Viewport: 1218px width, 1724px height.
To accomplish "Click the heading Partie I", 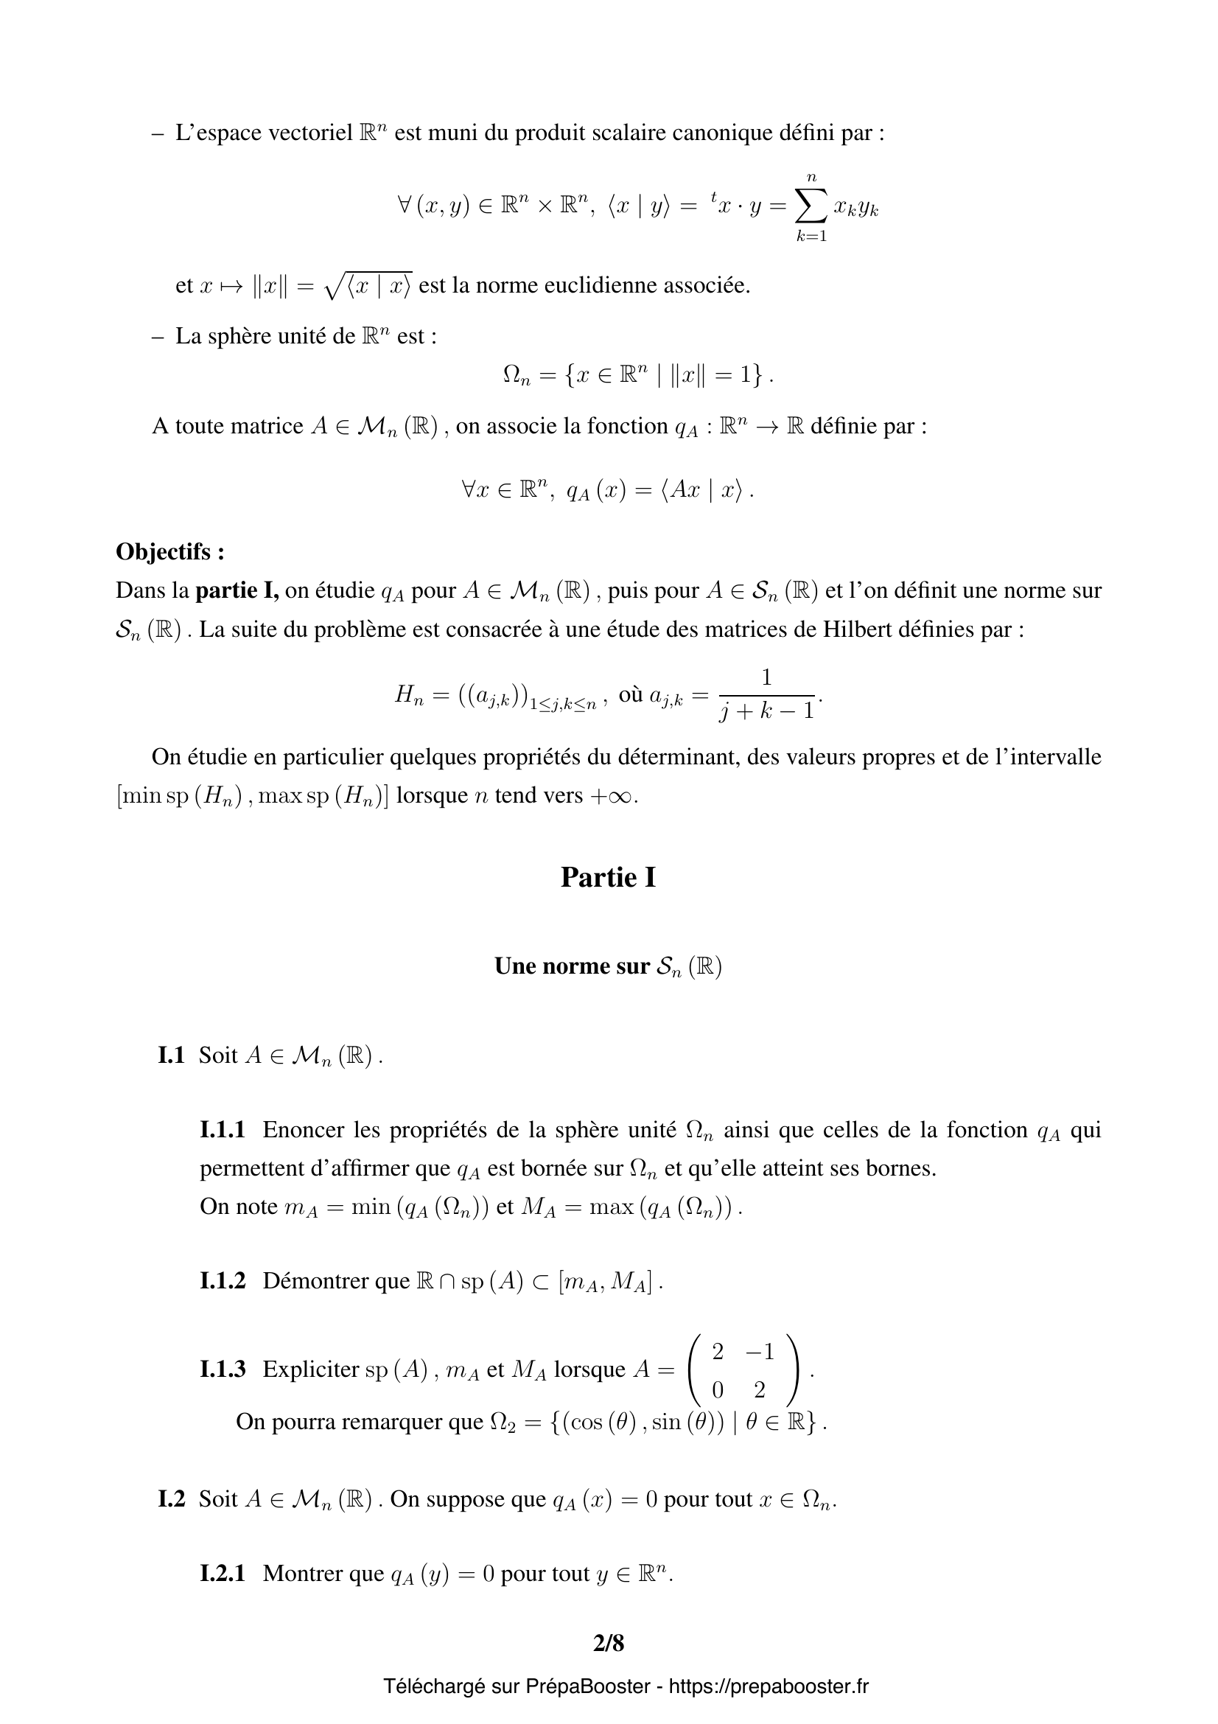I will coord(608,877).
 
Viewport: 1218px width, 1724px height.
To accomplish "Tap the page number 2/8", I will coord(608,1644).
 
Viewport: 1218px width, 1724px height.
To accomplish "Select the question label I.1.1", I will coord(222,1129).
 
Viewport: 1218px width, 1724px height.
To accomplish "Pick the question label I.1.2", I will coord(222,1280).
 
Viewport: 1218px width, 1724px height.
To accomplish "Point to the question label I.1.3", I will coord(222,1369).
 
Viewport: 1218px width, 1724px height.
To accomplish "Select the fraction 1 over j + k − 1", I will coord(766,694).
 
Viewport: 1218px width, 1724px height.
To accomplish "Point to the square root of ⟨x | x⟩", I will coord(368,285).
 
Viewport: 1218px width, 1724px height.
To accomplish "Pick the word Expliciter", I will coord(311,1369).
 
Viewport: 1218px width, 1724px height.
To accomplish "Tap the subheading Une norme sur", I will coord(571,966).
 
